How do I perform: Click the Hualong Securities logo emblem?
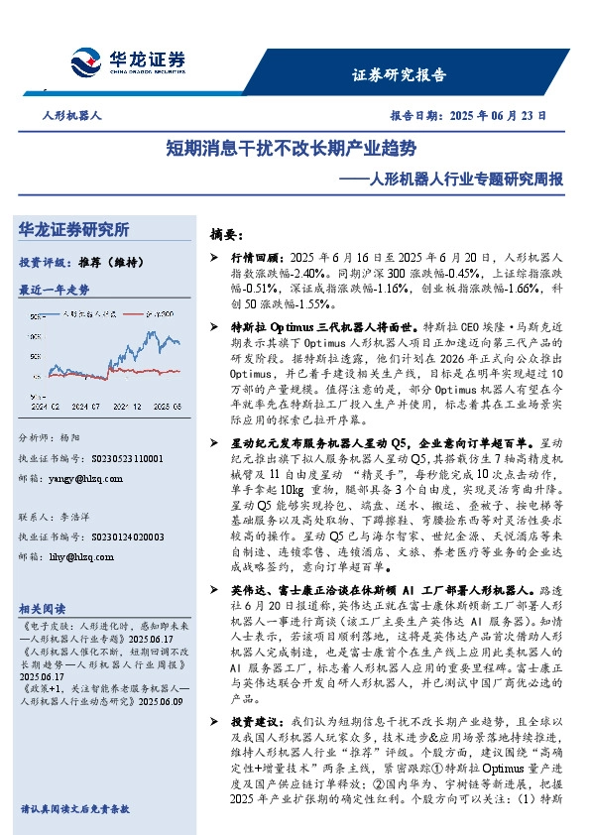(x=88, y=60)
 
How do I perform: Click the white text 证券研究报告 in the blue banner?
(x=400, y=74)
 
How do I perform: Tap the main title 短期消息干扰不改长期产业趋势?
(x=291, y=149)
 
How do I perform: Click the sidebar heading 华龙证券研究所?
(x=73, y=230)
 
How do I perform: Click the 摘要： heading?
(x=227, y=235)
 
